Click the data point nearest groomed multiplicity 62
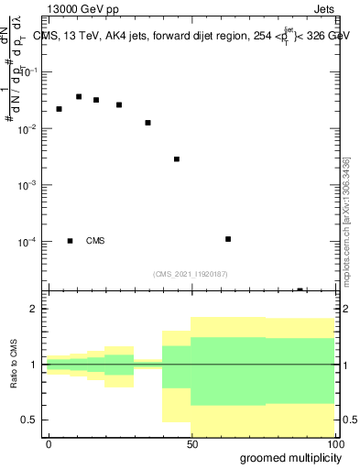228,239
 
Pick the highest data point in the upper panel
79,96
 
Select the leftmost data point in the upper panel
59,109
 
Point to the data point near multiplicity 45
177,159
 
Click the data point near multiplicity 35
147,123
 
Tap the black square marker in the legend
70,241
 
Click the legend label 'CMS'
95,241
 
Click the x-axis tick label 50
191,443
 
